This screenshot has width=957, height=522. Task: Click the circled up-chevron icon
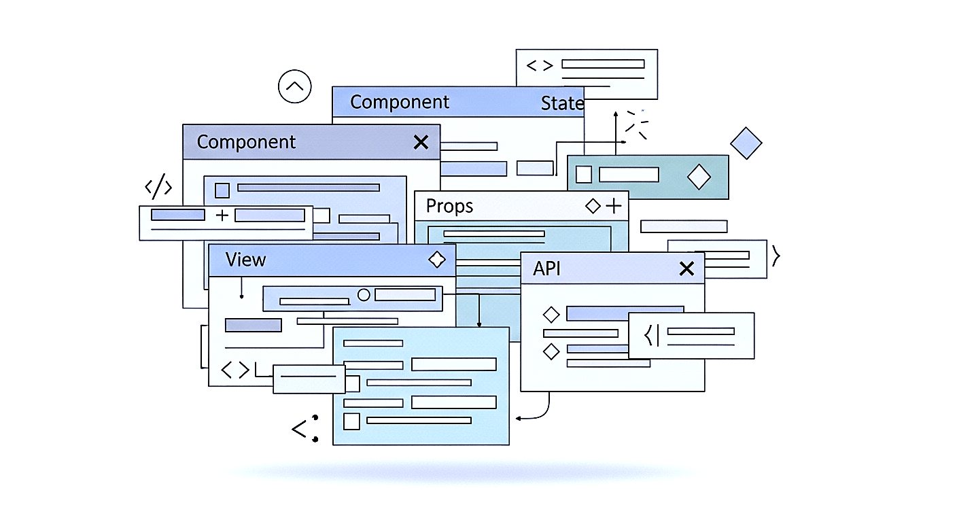294,87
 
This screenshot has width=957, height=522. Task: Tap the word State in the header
562,103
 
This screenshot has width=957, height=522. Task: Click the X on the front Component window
421,142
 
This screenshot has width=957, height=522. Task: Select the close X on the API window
687,268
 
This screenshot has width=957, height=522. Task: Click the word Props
449,206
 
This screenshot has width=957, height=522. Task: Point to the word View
246,260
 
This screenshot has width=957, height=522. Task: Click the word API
546,268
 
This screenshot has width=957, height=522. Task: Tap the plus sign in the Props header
614,205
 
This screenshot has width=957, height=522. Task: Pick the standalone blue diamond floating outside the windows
746,143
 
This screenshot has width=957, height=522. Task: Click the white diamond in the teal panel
699,177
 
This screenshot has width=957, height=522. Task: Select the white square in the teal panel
584,175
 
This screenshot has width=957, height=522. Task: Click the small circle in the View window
364,295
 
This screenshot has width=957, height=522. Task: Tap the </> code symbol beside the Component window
158,188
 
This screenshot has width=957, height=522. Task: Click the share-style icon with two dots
304,428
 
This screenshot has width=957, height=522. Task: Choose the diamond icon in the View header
436,259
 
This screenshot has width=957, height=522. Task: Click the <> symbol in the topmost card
540,65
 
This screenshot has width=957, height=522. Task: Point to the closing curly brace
776,256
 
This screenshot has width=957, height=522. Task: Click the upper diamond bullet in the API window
551,315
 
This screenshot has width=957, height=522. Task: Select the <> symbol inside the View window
236,370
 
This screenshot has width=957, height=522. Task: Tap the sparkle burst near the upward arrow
637,123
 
